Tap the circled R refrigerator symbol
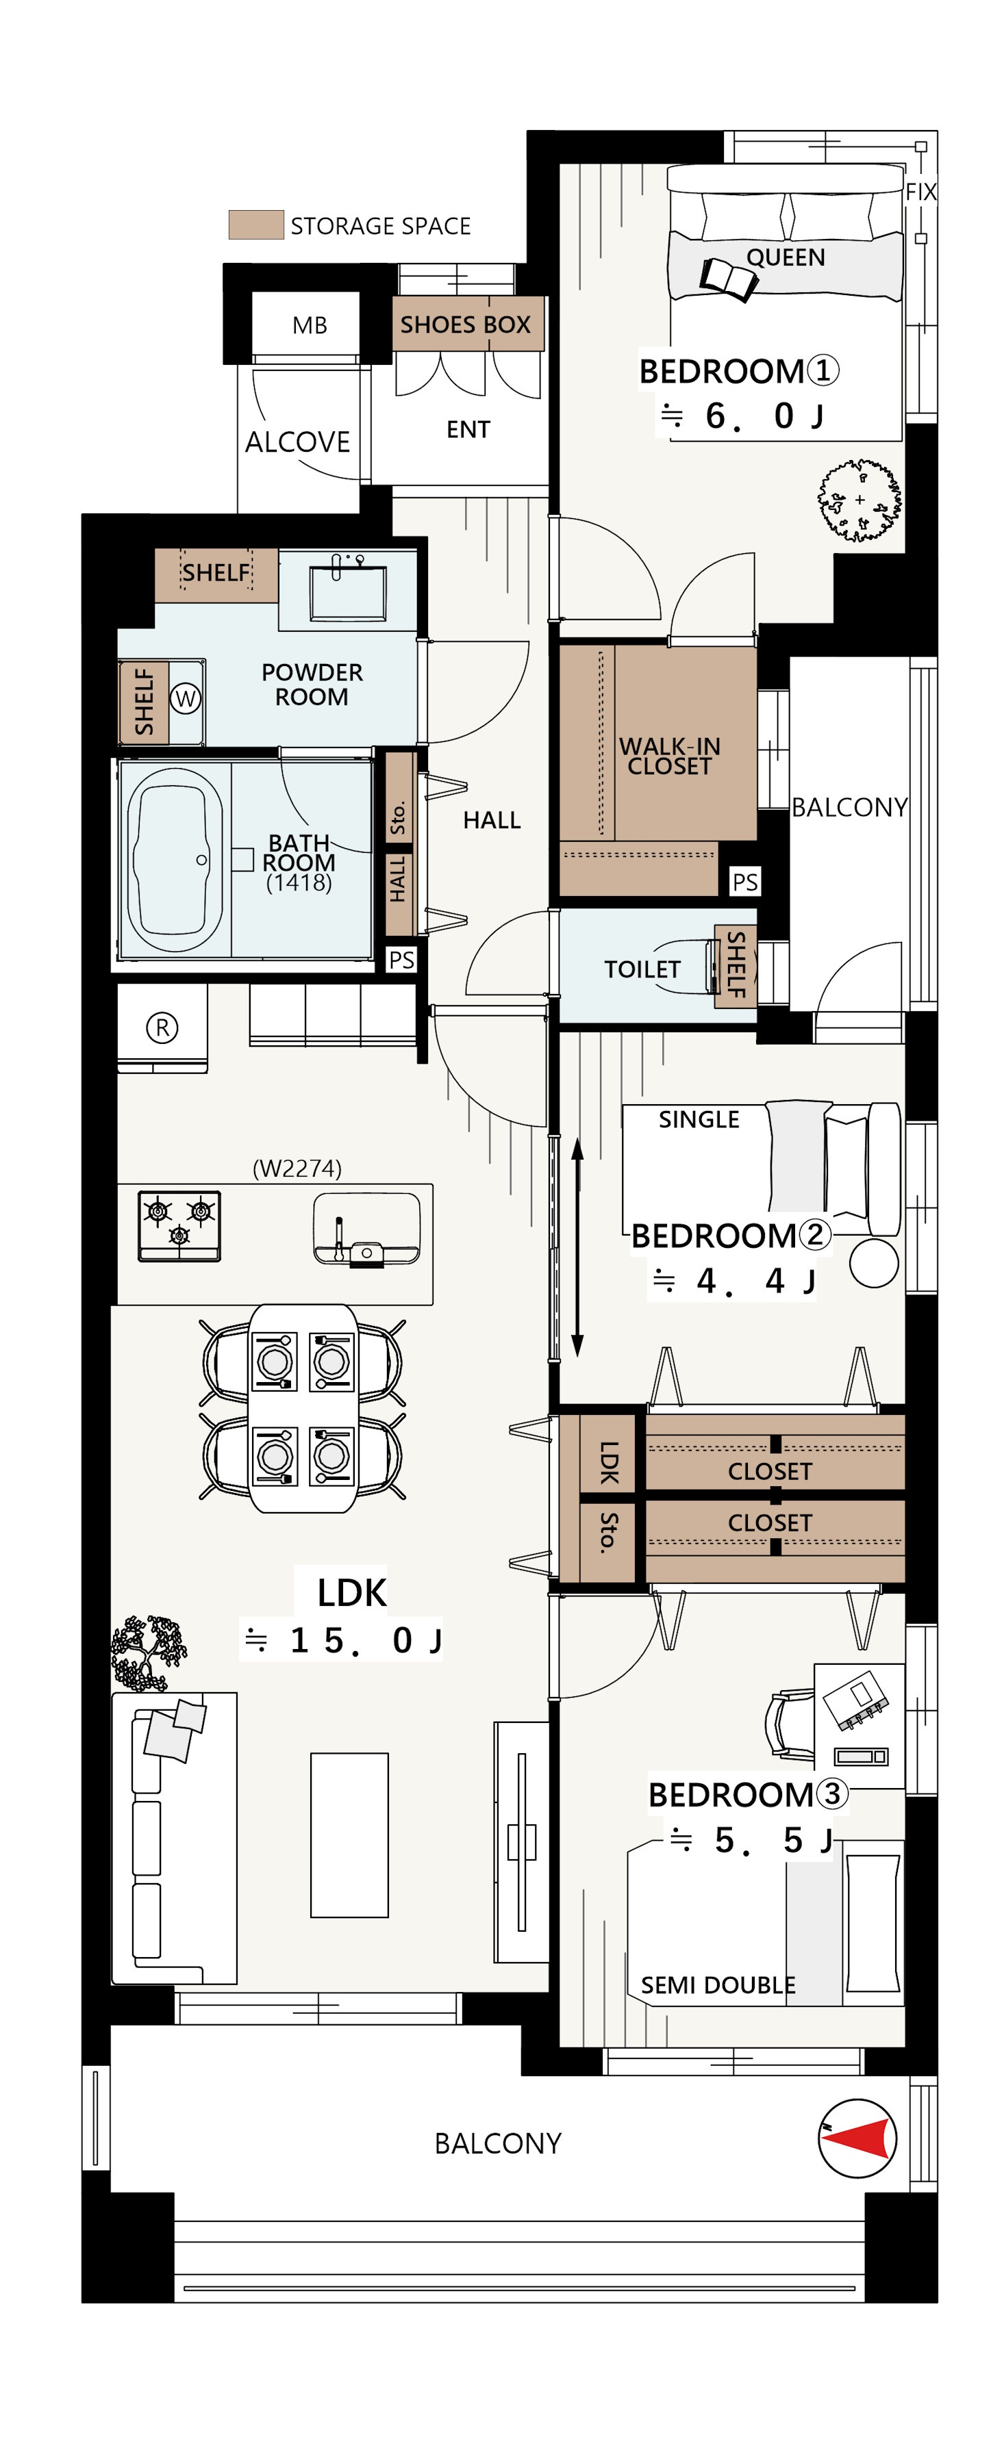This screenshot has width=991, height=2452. pos(162,1027)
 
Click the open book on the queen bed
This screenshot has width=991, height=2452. pos(728,279)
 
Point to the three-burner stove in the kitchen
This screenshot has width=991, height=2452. pos(179,1226)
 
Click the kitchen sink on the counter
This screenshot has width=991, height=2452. pos(366,1229)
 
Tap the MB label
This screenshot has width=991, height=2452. pos(310,326)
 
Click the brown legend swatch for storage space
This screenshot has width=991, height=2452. pos(256,225)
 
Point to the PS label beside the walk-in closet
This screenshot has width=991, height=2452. pos(744,882)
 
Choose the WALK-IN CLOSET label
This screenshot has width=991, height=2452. pos(669,756)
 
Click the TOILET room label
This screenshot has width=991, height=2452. pos(642,969)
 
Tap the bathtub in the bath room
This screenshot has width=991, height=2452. pos(174,860)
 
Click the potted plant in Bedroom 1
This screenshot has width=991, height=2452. pos(860,500)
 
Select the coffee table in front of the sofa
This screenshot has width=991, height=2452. pos(349,1835)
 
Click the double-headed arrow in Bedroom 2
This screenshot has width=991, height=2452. pos(577,1247)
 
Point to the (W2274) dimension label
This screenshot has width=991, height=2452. pos(297,1168)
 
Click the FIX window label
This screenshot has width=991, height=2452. pos(920,191)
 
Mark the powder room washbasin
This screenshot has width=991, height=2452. pos(347,590)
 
